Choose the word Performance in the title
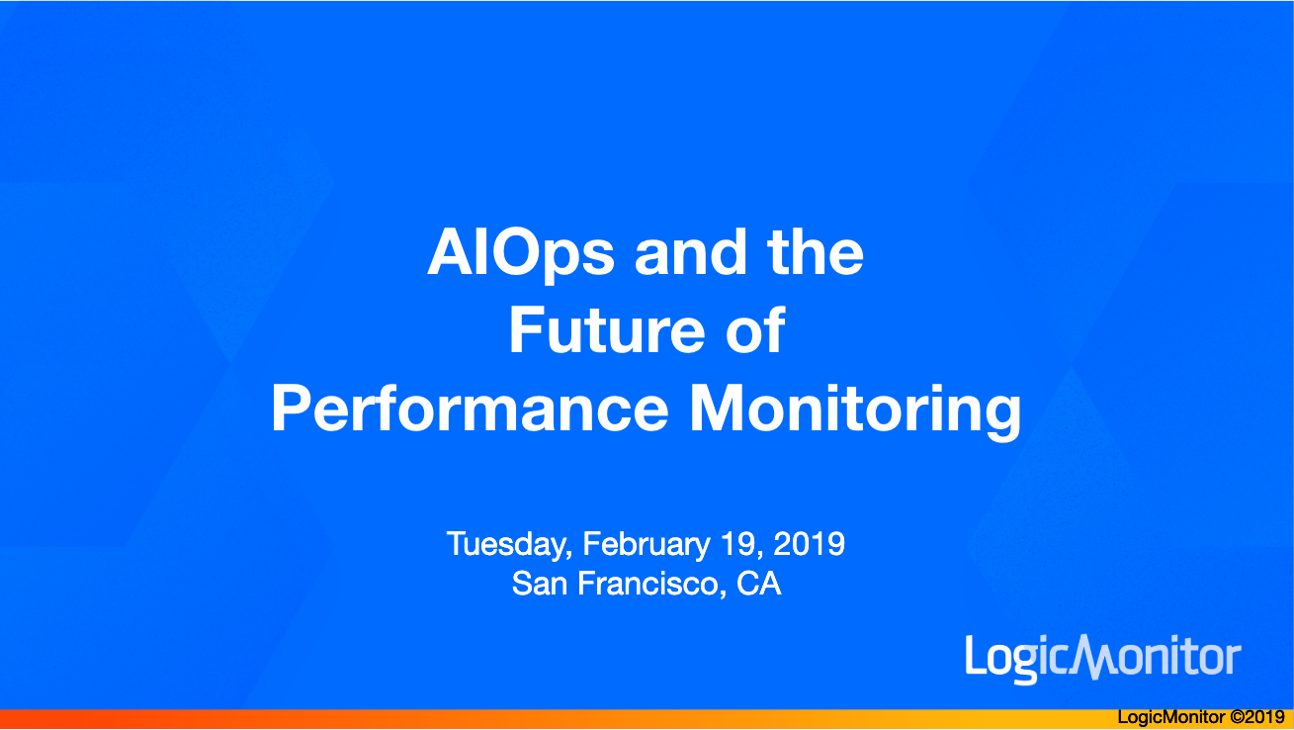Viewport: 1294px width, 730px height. (470, 409)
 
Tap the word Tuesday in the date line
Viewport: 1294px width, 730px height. (509, 545)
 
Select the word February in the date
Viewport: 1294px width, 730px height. (647, 545)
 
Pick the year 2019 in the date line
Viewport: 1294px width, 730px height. (809, 544)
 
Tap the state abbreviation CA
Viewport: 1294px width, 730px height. (758, 584)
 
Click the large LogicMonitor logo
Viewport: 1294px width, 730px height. (1103, 659)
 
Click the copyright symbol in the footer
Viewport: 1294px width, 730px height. (1237, 717)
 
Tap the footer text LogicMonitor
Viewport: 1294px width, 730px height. (1171, 717)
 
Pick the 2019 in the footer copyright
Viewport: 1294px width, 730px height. (1264, 717)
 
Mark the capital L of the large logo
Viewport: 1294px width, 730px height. (974, 654)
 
